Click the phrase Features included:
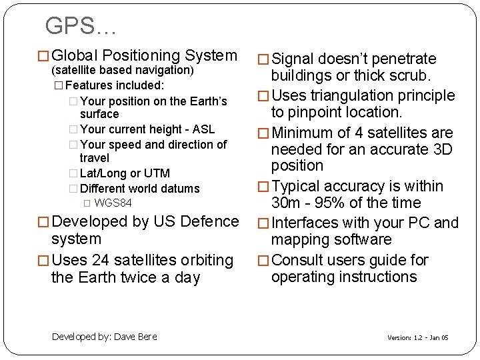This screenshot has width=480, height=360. [x=115, y=85]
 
